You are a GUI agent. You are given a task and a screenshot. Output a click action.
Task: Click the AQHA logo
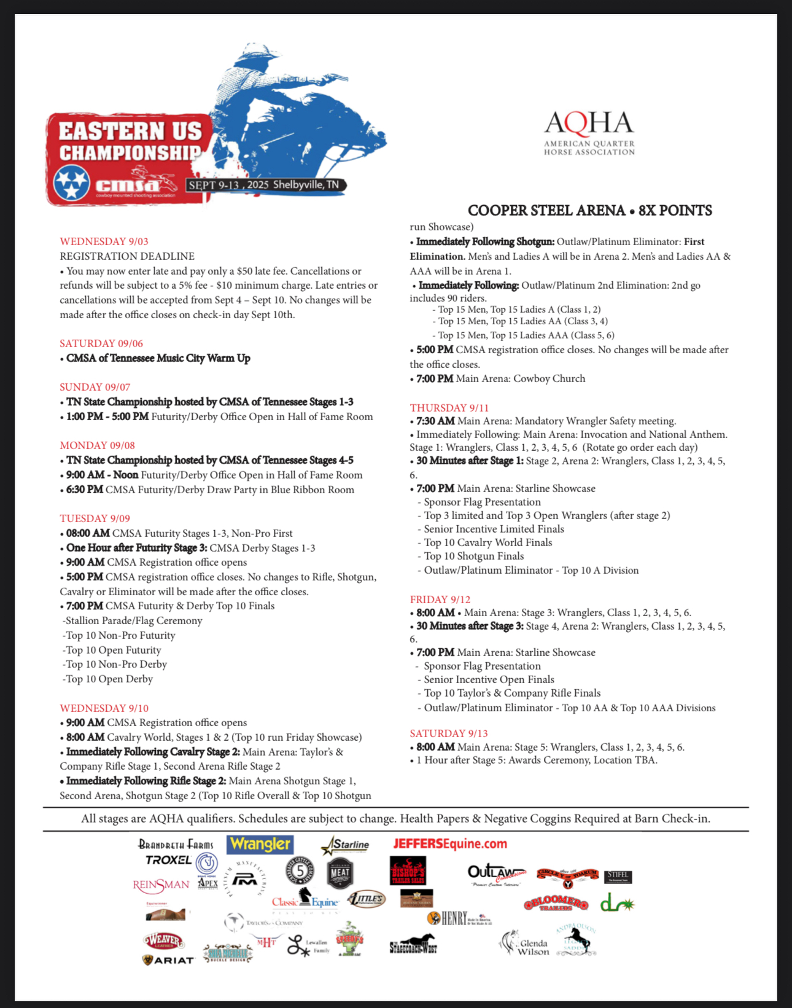tap(589, 132)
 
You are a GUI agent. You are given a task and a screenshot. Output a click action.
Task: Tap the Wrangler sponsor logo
tap(260, 845)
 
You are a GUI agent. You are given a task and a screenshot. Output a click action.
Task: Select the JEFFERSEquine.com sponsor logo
tap(450, 843)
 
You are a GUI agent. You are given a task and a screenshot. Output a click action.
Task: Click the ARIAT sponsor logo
tap(168, 960)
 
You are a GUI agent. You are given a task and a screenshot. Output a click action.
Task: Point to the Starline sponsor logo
tap(346, 845)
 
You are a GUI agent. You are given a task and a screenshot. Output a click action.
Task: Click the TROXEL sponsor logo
tap(169, 860)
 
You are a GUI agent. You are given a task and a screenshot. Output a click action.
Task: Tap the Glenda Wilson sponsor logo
tap(526, 946)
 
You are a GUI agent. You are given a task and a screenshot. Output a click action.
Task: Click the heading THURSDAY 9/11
tap(441, 408)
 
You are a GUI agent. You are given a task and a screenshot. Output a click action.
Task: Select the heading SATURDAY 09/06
tap(101, 343)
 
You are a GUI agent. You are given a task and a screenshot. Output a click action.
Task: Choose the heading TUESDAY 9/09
tap(95, 518)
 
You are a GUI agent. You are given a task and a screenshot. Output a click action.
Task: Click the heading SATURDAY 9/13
tap(449, 733)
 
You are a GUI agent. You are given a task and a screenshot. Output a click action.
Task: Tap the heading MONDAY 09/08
tap(98, 445)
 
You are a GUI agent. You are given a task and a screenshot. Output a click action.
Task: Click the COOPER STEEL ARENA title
tap(589, 211)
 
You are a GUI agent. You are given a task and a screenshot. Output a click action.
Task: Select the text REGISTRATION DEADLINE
tap(127, 256)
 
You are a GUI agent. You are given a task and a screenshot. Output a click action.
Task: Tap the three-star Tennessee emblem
tap(72, 184)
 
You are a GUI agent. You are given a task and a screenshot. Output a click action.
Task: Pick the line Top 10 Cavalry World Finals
tap(488, 542)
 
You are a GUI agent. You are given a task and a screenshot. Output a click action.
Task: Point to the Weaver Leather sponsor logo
tap(164, 940)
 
